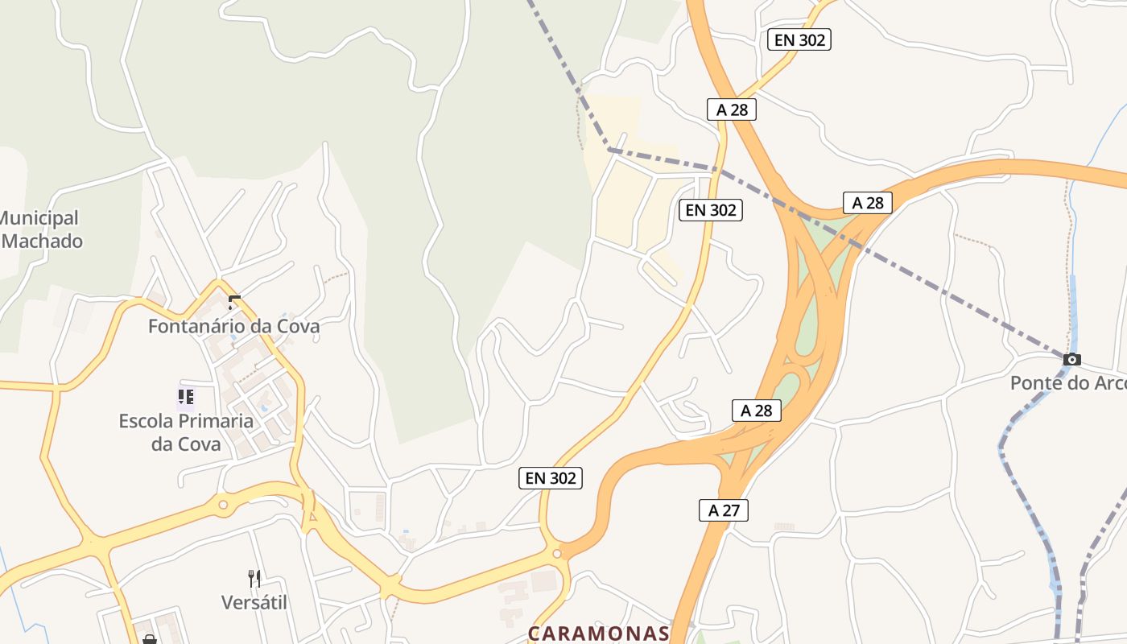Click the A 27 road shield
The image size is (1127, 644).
pos(723,510)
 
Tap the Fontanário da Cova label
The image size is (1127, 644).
pos(233,326)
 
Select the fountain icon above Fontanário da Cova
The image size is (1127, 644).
pos(234,303)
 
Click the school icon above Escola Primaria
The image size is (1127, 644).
pos(186,397)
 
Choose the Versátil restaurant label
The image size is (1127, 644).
pos(254,602)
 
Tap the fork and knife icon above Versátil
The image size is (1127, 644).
pos(254,578)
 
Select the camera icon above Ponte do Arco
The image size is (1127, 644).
pos(1071,359)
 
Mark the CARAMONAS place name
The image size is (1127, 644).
pos(598,634)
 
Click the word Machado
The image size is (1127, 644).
pos(42,241)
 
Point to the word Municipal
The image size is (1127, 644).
pos(39,218)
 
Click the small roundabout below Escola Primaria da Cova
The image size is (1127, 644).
pos(223,506)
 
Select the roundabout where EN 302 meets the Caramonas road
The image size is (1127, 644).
pos(556,554)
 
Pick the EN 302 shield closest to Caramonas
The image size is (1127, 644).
pos(550,478)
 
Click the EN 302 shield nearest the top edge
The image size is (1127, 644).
pos(799,39)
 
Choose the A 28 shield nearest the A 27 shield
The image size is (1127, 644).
pos(757,410)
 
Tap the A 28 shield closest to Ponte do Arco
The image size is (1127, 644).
pos(868,203)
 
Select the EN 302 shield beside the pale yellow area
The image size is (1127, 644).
pos(709,210)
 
